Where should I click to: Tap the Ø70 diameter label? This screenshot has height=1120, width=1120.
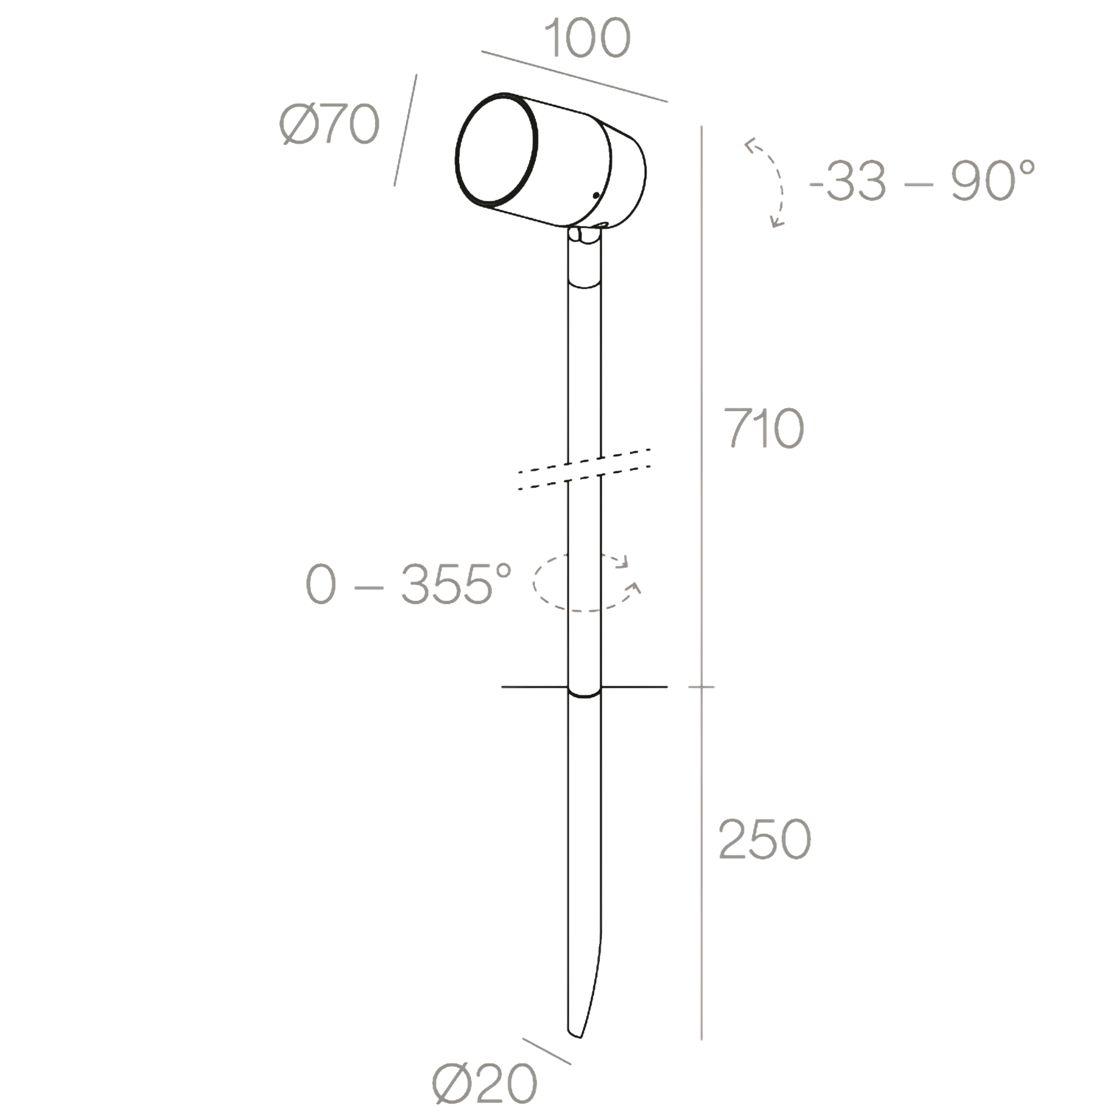329,124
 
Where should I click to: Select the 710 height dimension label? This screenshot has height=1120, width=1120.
764,428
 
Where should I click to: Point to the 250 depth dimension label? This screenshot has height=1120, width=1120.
764,839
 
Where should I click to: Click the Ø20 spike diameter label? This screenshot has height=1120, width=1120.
484,1084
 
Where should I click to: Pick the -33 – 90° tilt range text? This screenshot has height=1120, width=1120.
922,181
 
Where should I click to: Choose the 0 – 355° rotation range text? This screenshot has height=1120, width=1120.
409,584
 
